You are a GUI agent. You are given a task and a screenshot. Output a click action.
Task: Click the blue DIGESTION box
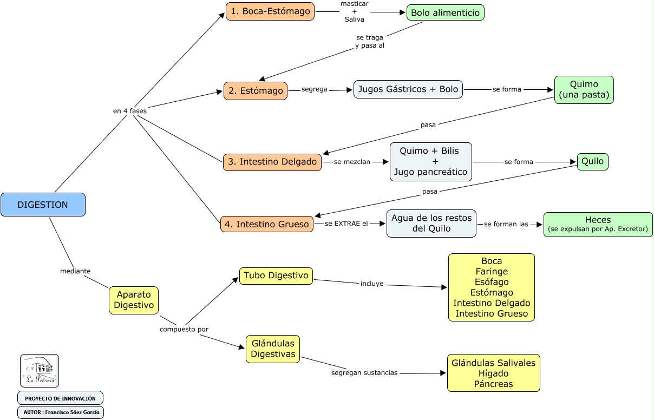[43, 205]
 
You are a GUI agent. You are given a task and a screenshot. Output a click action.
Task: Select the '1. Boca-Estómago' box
[270, 11]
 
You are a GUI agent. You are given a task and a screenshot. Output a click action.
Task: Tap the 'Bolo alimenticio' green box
[445, 12]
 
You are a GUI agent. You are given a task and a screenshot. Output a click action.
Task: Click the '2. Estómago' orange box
[256, 91]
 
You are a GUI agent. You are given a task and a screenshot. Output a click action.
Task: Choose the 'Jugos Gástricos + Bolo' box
[408, 89]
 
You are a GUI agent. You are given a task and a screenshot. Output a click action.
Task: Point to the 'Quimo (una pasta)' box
[584, 90]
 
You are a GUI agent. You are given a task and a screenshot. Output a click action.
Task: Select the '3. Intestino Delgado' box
[272, 162]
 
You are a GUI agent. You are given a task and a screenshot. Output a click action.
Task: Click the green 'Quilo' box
[592, 161]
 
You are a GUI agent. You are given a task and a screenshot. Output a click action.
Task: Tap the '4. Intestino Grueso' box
[267, 224]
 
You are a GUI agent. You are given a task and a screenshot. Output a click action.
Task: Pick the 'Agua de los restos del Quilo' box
[431, 224]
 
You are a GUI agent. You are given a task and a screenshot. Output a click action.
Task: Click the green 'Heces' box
[598, 224]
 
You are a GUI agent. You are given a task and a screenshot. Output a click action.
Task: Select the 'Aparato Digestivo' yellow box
[134, 300]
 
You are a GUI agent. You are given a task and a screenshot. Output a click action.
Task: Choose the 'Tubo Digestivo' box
[276, 275]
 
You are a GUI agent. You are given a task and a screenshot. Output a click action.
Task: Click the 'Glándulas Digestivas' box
[273, 349]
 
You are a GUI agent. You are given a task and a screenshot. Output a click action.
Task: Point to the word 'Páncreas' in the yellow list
[493, 384]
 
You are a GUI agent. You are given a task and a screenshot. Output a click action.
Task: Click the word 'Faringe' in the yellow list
[492, 271]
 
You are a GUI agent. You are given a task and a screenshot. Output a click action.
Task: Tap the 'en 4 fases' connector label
[129, 111]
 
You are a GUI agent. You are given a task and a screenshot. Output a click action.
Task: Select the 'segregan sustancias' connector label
[364, 373]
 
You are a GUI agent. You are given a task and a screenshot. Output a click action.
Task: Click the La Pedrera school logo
[40, 371]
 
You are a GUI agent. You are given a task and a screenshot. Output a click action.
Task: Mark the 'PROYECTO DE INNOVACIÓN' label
[60, 398]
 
